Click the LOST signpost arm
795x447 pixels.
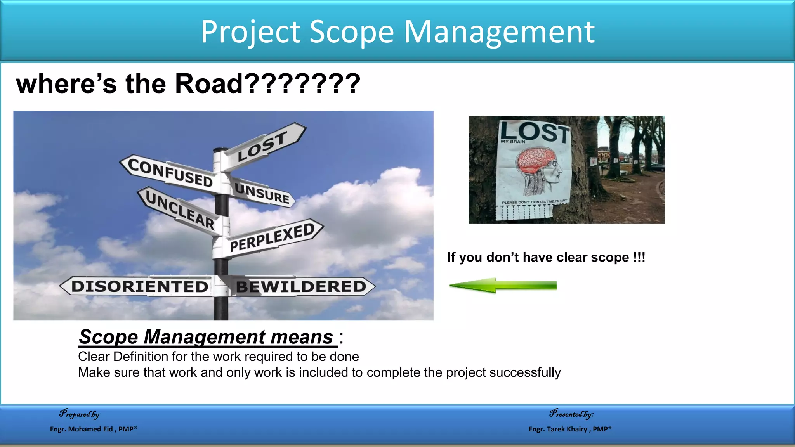point(264,146)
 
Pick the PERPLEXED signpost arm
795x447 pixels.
point(272,237)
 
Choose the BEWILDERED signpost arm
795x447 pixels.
point(301,287)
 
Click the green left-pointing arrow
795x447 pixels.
point(503,286)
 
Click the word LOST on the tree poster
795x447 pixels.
point(535,132)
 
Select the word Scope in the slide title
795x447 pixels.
point(352,32)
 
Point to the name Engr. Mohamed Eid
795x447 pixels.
point(82,429)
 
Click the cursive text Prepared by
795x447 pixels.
point(79,414)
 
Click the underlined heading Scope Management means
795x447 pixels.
point(206,337)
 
